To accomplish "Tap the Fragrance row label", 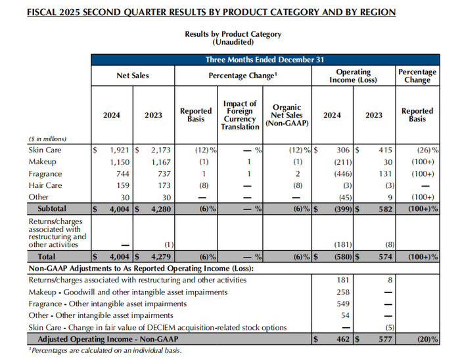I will click(x=46, y=173).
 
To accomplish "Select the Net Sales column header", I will click(x=133, y=76).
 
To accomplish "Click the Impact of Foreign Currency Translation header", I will click(x=240, y=115).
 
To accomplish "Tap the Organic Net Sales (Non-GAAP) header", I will click(x=285, y=115).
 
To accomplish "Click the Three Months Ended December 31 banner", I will click(x=265, y=59).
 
